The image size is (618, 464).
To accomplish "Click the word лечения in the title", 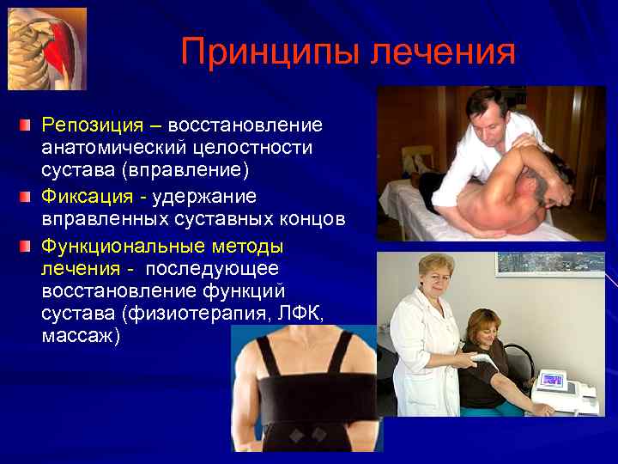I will coord(443,52).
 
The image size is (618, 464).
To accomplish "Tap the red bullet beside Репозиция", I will coord(26,126).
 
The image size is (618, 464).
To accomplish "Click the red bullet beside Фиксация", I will coord(26,197).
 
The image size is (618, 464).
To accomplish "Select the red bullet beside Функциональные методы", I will coord(26,247).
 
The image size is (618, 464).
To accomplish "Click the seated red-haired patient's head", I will coord(485,331).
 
